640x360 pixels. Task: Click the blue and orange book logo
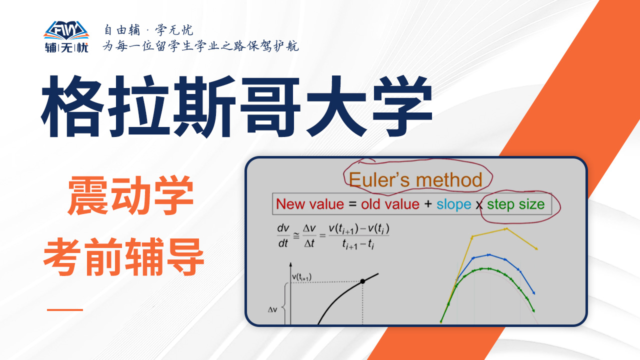[66, 30]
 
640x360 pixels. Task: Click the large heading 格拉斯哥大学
[236, 106]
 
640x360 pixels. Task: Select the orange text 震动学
[131, 195]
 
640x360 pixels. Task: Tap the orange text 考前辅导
[123, 257]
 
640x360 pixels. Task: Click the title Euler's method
[415, 179]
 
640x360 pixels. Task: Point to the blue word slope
[453, 204]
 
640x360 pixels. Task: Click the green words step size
[515, 204]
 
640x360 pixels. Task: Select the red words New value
[310, 204]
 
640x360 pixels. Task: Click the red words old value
[390, 204]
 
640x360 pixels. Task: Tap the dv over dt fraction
[283, 235]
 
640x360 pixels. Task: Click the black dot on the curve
[362, 281]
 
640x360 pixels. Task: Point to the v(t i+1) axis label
[301, 277]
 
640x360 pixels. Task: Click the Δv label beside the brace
[272, 309]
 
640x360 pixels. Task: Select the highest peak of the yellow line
[506, 229]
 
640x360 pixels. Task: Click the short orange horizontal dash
[65, 309]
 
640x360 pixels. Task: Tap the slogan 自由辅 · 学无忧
[148, 30]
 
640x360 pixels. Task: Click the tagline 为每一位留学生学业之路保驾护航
[201, 45]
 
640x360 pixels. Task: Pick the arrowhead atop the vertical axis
[290, 264]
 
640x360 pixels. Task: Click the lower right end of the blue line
[533, 293]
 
